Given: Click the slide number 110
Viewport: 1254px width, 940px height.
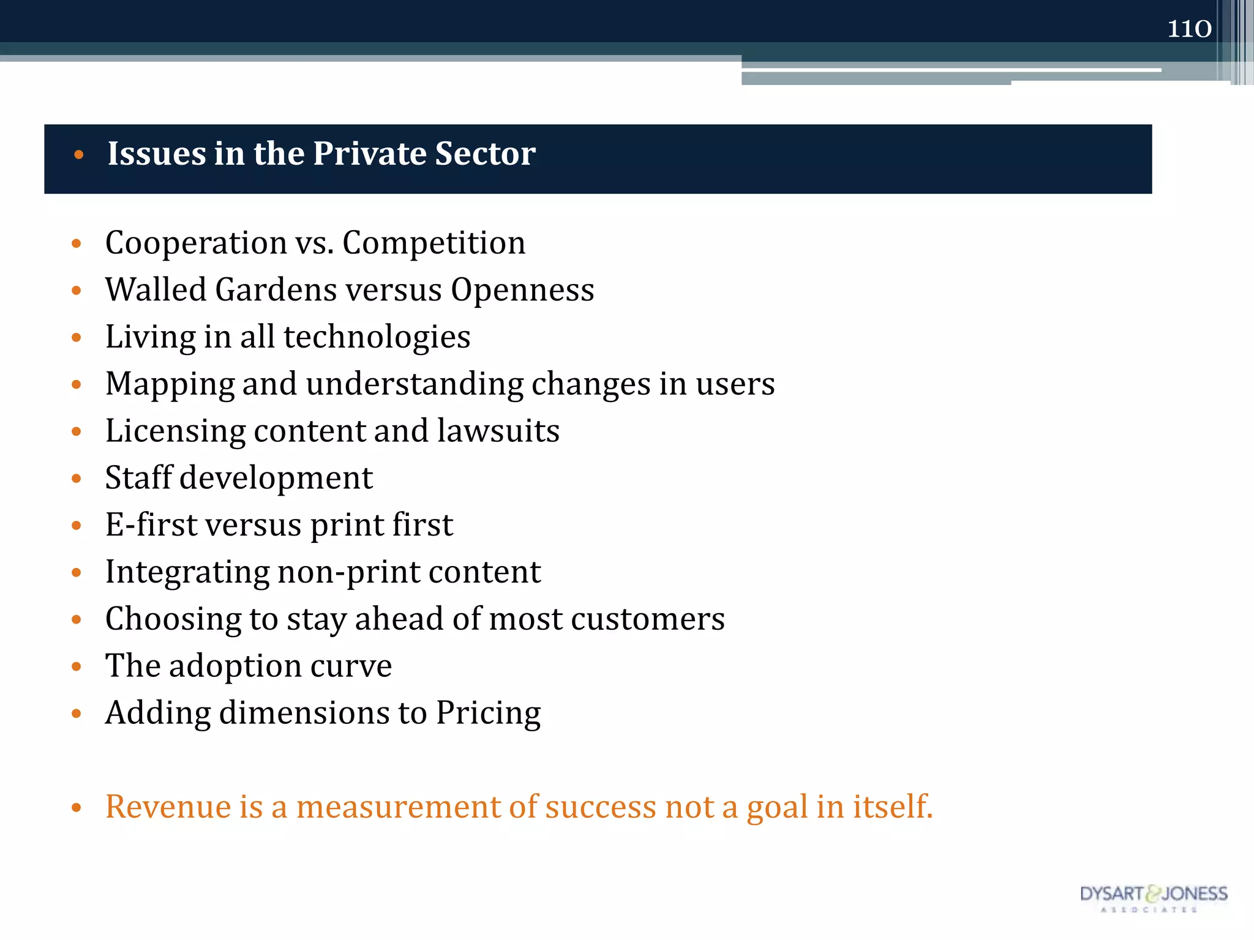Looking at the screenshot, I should (x=1189, y=29).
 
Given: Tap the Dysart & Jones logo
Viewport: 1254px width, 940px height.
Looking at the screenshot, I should (x=1154, y=897).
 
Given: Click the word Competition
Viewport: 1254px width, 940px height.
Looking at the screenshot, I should (x=434, y=244).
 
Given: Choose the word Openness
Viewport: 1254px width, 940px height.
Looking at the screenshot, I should (x=522, y=289).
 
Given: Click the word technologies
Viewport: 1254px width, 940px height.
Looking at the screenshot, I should (x=377, y=337).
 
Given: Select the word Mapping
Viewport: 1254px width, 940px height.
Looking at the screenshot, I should (x=170, y=385).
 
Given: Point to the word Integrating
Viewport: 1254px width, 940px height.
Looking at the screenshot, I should (x=187, y=573).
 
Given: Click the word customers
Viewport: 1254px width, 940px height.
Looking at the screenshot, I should (x=648, y=619).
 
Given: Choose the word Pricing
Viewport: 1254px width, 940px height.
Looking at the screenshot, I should (x=488, y=714).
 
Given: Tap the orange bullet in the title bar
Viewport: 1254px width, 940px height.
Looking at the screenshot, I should (x=78, y=155).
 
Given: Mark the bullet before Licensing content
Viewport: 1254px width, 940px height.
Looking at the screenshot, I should (x=77, y=431).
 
